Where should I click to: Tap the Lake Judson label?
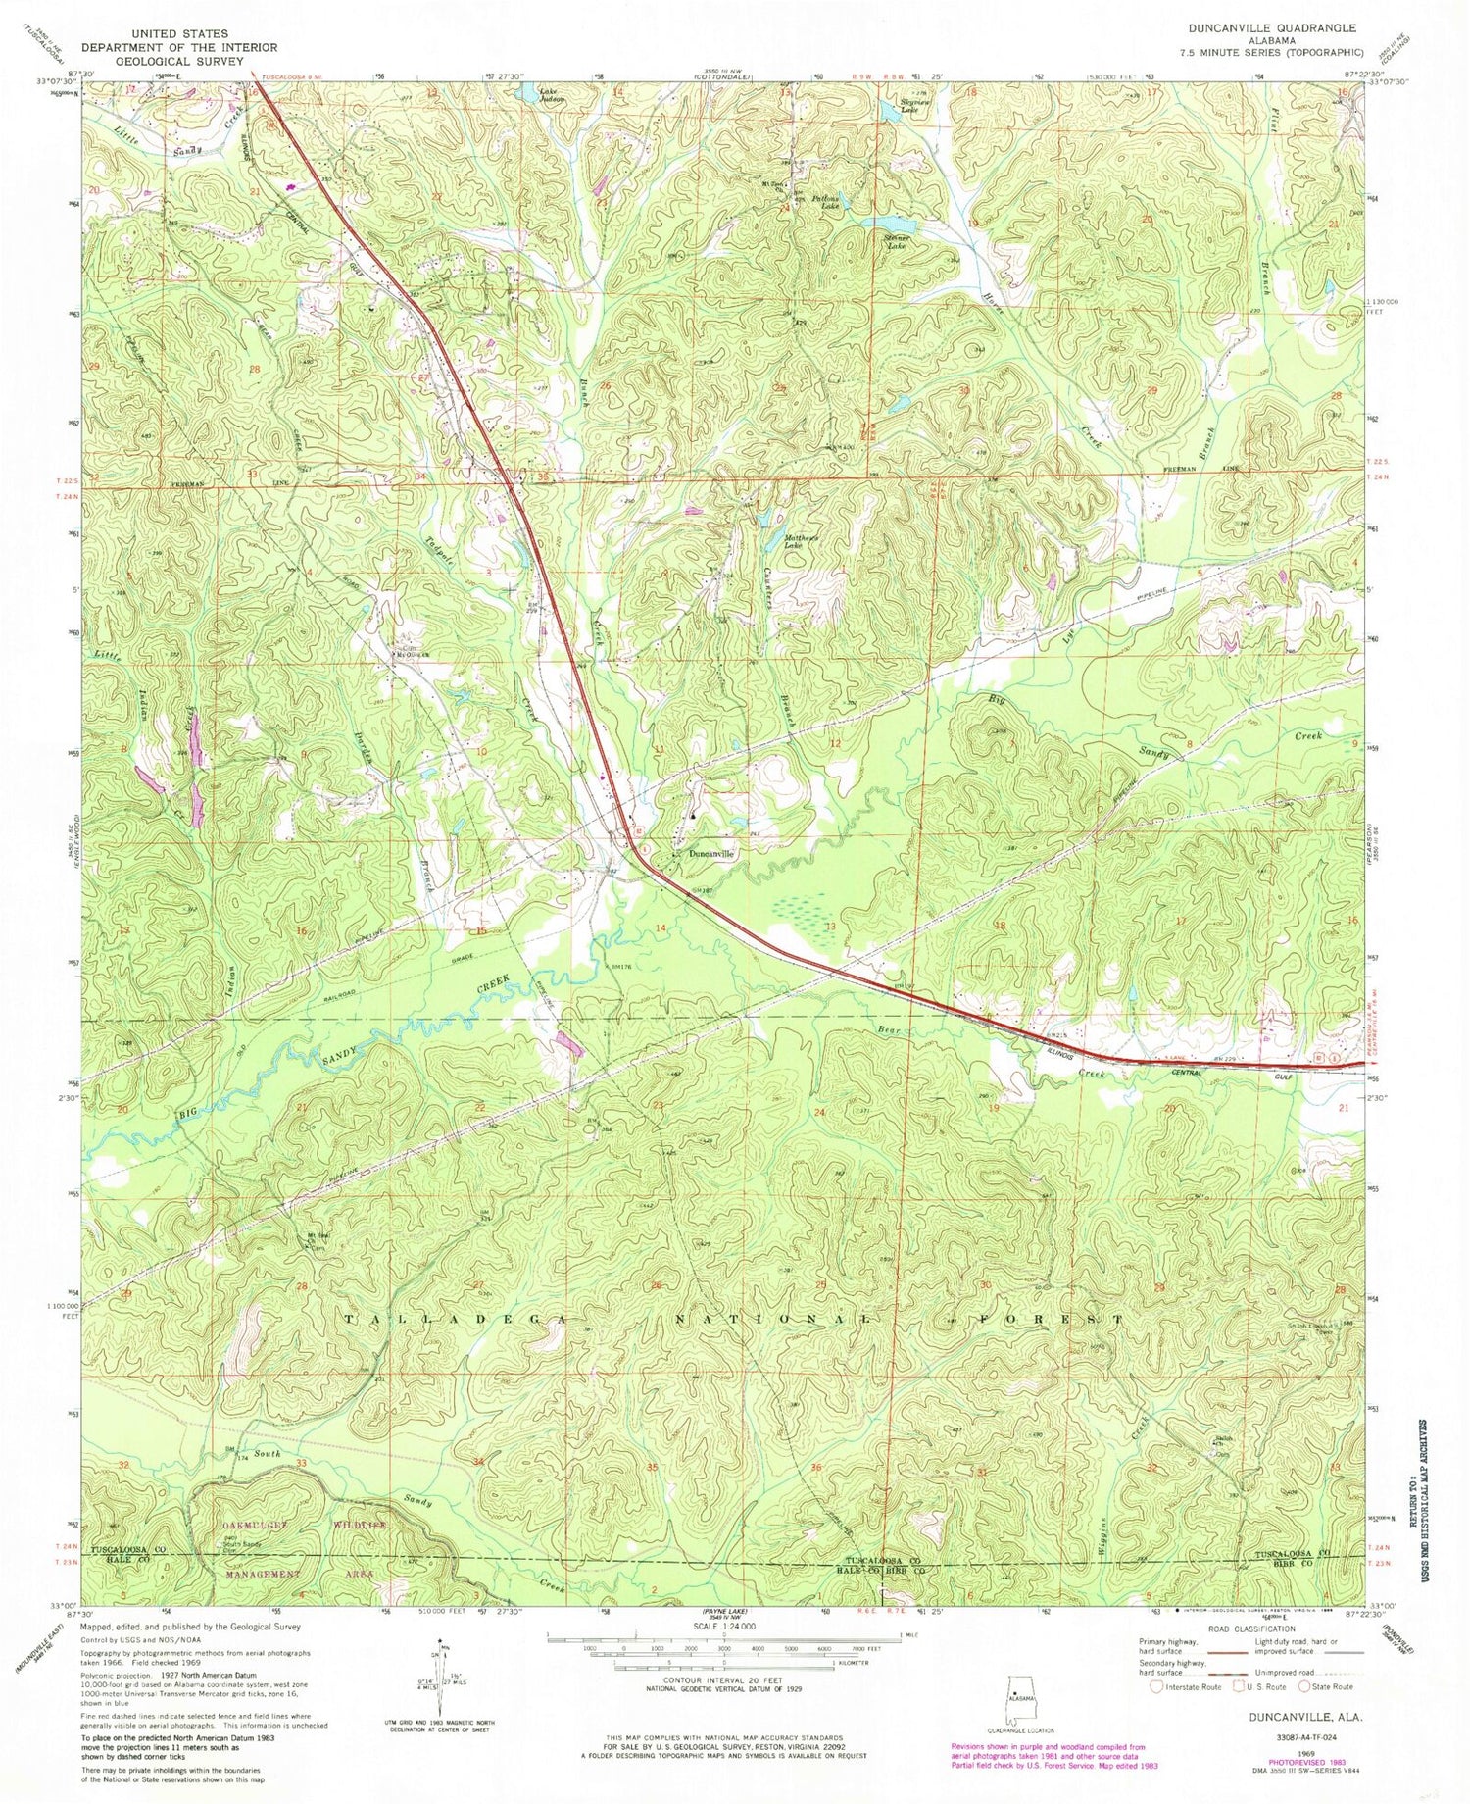552,97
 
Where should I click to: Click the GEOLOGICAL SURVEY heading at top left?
179,60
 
